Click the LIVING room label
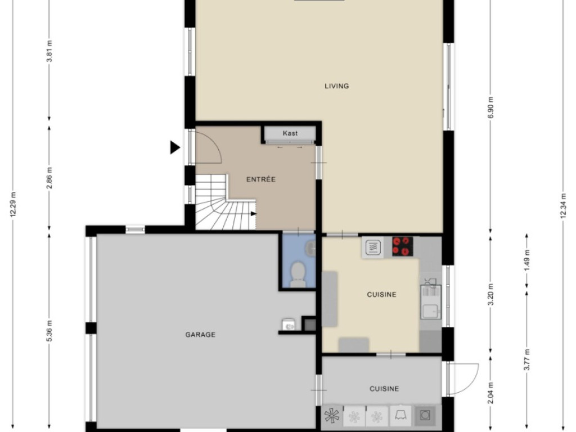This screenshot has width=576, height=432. click(336, 86)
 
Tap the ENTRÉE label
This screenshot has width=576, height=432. click(261, 179)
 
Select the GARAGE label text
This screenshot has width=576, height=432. click(200, 335)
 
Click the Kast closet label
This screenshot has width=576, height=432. click(290, 133)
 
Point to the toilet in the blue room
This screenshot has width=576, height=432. click(298, 274)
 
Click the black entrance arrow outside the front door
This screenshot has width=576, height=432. click(174, 148)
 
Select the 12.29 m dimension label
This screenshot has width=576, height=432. click(13, 204)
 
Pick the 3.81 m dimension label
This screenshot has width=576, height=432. click(49, 51)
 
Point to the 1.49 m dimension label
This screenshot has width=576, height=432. click(527, 260)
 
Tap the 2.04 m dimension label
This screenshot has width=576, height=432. click(490, 393)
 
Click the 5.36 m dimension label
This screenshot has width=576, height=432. click(49, 331)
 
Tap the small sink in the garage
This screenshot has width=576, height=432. click(289, 325)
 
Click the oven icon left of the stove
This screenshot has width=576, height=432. click(372, 247)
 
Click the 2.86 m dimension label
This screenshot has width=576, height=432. click(49, 177)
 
